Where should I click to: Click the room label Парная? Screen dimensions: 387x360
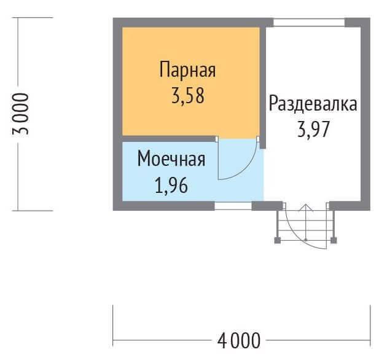point(187,70)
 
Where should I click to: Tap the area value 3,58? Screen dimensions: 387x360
point(188,96)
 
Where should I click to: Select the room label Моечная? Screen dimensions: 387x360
point(171,158)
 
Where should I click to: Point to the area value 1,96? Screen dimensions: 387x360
point(171,185)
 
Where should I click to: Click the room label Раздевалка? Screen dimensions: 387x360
point(313,103)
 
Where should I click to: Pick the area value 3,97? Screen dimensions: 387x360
point(313,130)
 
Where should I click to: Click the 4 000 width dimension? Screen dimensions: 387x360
point(239,341)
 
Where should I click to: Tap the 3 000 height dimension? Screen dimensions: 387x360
point(20,114)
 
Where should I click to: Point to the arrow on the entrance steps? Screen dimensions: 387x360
point(306,222)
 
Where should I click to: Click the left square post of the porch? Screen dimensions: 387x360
point(278,240)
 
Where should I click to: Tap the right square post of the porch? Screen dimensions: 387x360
point(334,240)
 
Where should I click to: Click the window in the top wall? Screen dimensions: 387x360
point(309,23)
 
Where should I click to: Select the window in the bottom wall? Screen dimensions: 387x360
point(233,206)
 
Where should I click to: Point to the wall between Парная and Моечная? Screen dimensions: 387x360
point(168,139)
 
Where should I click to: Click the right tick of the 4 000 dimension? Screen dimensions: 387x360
point(370,326)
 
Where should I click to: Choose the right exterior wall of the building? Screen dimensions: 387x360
point(365,114)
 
